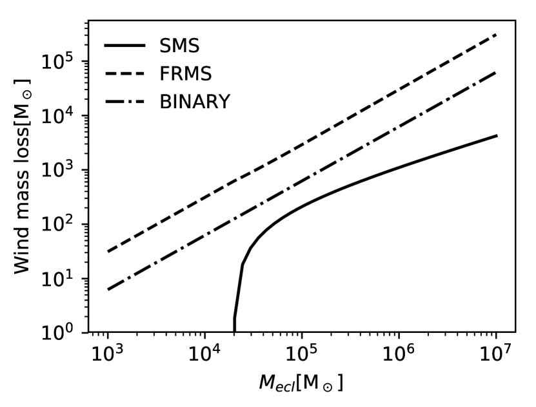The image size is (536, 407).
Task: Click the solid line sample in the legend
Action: [126, 46]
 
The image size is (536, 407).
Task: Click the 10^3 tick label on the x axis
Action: [108, 354]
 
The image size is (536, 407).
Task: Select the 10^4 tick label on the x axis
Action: [204, 354]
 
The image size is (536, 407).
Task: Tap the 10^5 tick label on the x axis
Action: [302, 354]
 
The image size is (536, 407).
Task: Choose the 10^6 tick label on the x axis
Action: [399, 354]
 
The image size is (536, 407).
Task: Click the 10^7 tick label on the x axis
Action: [496, 354]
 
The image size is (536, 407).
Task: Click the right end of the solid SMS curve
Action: [496, 135]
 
